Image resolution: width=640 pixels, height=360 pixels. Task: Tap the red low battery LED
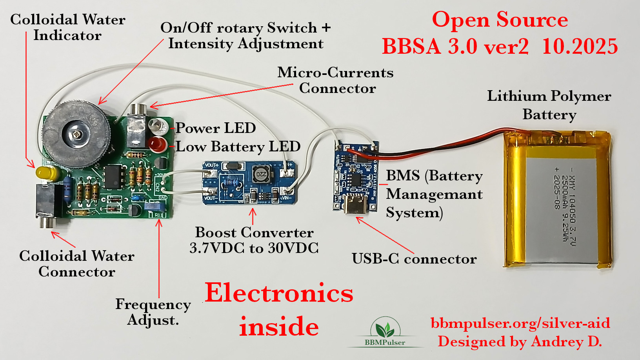[x=158, y=144]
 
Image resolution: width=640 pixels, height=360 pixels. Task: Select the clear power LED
[x=158, y=126]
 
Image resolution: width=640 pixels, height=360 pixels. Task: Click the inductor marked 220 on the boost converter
[x=261, y=174]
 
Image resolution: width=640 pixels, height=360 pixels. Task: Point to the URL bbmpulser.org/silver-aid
[x=520, y=323]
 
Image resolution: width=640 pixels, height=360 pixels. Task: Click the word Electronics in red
[x=279, y=293]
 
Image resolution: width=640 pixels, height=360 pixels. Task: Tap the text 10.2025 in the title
[x=580, y=47]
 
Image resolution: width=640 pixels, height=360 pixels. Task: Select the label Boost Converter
[x=254, y=233]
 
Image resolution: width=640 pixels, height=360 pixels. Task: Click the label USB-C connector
[x=414, y=259]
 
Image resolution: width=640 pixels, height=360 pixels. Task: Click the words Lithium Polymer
[x=549, y=96]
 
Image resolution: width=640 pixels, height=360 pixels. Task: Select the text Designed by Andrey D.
[x=520, y=342]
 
